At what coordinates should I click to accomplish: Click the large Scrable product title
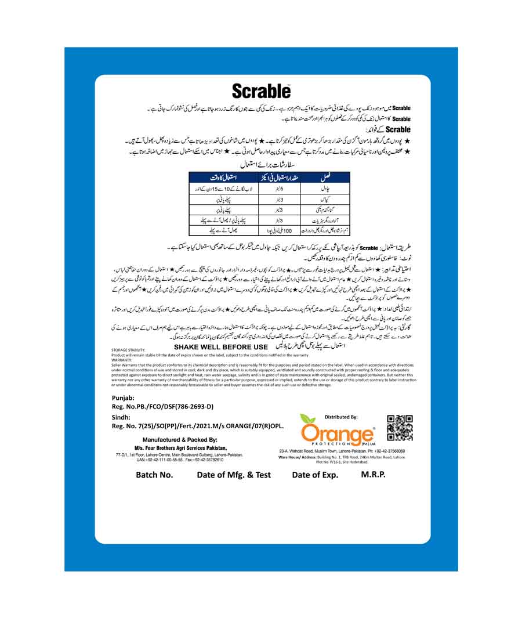(261, 91)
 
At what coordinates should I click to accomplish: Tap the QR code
(400, 428)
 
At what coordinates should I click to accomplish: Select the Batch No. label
(154, 475)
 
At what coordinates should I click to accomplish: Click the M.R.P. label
(373, 474)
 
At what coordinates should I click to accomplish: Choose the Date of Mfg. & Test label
(234, 475)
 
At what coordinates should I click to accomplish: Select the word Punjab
(122, 397)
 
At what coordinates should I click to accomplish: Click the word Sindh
(121, 417)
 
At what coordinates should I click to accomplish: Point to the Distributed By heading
(341, 417)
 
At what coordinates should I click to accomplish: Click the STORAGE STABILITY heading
(128, 351)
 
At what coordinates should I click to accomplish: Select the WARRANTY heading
(122, 360)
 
